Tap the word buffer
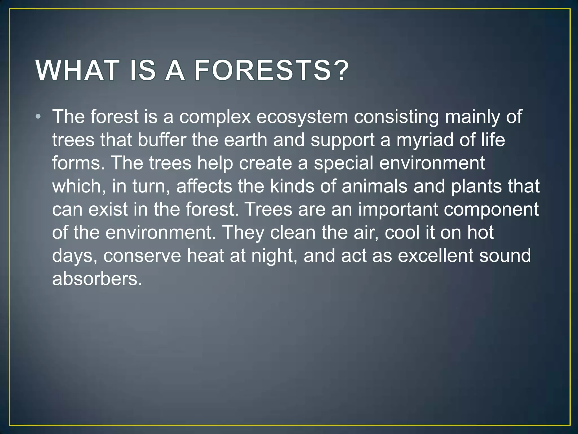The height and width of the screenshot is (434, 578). click(162, 140)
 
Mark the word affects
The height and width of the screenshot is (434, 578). click(204, 186)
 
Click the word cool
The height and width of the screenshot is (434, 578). click(402, 233)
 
